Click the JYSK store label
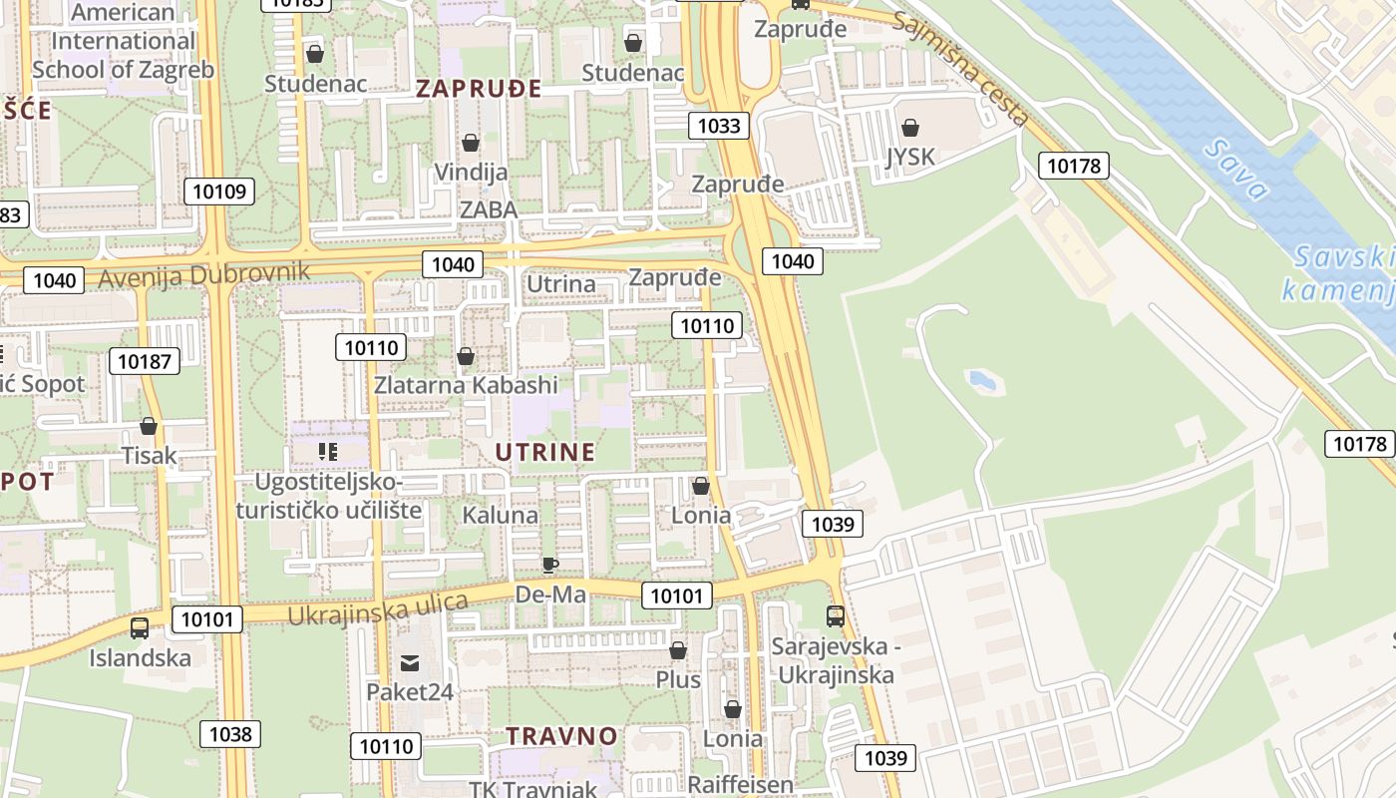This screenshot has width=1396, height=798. [x=910, y=157]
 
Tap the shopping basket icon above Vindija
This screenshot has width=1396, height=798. [x=471, y=143]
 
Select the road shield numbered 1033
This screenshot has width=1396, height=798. [x=718, y=125]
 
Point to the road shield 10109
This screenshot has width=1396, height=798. [x=219, y=191]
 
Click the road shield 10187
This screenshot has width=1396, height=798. [x=145, y=361]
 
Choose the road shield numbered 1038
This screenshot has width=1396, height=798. [x=230, y=734]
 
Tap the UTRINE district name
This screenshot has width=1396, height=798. [x=544, y=452]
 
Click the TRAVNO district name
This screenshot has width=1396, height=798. [x=561, y=736]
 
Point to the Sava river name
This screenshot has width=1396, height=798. [x=1235, y=171]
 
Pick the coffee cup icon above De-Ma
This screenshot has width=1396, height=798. [x=549, y=566]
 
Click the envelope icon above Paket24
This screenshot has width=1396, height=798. [x=410, y=663]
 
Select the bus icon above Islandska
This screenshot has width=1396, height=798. [x=140, y=628]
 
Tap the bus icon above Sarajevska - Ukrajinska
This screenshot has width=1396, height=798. [x=835, y=616]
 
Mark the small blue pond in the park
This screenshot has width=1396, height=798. [x=981, y=380]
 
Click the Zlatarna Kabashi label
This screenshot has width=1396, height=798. [x=466, y=384]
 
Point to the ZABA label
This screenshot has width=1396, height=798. [x=489, y=209]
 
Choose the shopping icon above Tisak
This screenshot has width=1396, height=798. [x=149, y=427]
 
